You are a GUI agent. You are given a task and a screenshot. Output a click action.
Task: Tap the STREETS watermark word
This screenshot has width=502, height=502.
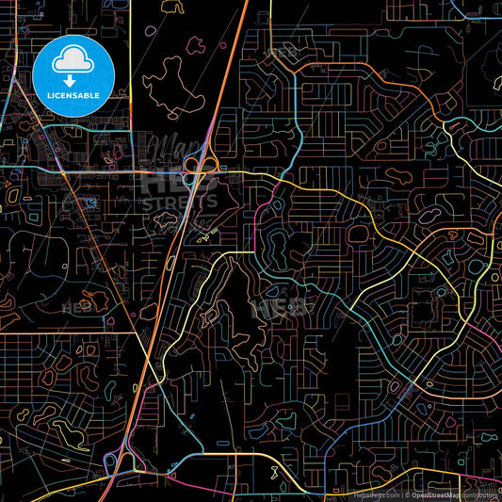179,201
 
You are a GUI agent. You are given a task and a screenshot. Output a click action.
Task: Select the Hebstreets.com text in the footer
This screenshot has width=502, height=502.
375,494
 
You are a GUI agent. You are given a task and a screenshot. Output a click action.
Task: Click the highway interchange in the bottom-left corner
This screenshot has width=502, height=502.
116,461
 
